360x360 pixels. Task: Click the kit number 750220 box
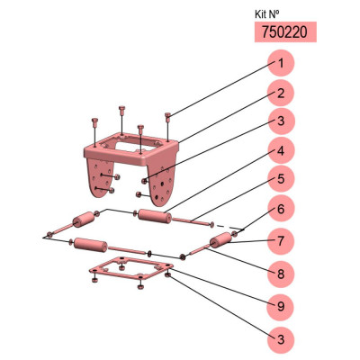(285, 31)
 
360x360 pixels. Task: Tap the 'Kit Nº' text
(267, 13)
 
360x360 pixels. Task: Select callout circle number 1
(281, 63)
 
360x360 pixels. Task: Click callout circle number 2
(281, 93)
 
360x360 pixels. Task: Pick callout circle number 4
(281, 151)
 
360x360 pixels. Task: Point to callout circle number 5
(281, 179)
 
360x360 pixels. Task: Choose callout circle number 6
(281, 208)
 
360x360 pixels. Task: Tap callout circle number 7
(281, 241)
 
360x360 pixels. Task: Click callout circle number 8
(281, 274)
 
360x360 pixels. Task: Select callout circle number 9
(281, 307)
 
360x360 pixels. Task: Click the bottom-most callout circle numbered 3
(281, 339)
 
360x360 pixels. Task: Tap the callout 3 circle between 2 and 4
(281, 121)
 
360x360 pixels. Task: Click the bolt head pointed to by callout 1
(168, 115)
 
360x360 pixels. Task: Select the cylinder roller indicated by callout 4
(155, 216)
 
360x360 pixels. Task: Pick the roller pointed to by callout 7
(221, 240)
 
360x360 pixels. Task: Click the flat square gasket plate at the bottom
(131, 267)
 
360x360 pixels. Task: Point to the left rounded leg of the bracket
(97, 177)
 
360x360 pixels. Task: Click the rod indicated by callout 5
(191, 221)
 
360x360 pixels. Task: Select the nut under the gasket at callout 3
(168, 274)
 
